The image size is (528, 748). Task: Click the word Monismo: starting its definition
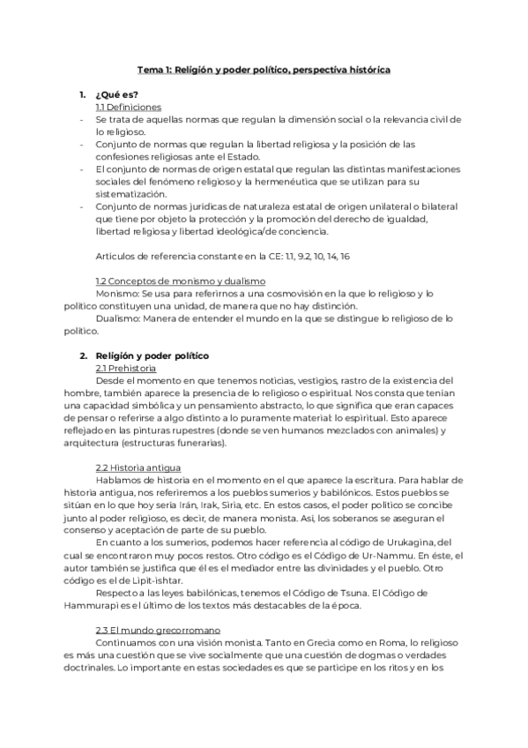pos(116,293)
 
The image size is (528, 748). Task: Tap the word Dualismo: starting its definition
pos(117,318)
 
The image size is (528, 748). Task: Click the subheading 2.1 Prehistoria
pos(126,368)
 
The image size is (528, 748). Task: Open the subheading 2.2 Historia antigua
pos(136,467)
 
